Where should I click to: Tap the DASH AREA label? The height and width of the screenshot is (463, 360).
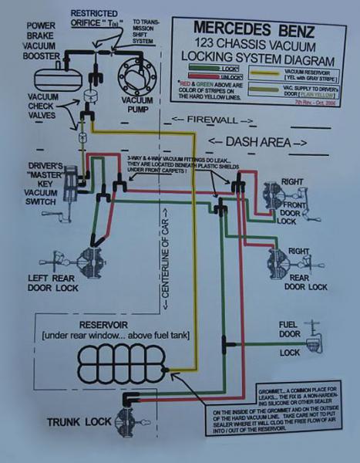258,142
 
